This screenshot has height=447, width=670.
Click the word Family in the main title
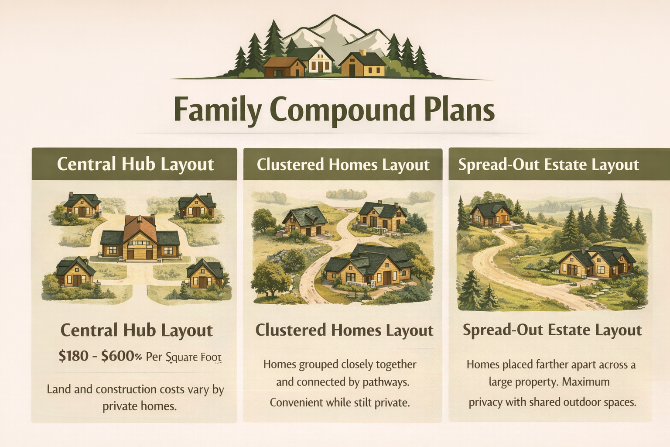click(x=217, y=109)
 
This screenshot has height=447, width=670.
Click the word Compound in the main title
click(x=342, y=109)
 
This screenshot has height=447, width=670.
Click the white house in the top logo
click(x=321, y=61)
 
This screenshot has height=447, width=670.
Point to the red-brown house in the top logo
click(x=284, y=67)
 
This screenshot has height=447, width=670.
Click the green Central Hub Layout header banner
click(x=135, y=165)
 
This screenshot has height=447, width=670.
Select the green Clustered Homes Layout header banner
click(x=343, y=165)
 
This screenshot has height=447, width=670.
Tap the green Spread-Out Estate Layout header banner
click(x=549, y=165)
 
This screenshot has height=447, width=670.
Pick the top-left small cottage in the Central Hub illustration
click(x=82, y=205)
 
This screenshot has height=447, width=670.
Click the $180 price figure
click(x=74, y=356)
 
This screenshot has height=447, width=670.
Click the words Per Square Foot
click(x=183, y=357)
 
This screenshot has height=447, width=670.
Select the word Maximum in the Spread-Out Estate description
click(x=585, y=382)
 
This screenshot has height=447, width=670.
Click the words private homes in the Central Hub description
click(x=140, y=406)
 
